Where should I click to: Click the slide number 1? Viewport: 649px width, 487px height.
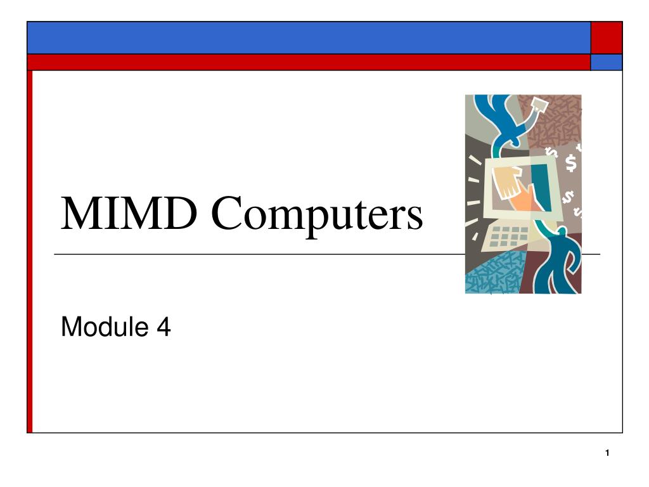coord(607,453)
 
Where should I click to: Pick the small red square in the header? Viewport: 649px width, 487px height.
coord(607,37)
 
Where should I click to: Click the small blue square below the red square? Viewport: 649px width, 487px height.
coord(607,62)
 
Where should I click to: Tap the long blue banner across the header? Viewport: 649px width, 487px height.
coord(309,37)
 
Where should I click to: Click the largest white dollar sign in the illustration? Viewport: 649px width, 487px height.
coord(571,163)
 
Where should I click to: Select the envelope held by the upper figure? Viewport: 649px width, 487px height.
coord(537,105)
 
